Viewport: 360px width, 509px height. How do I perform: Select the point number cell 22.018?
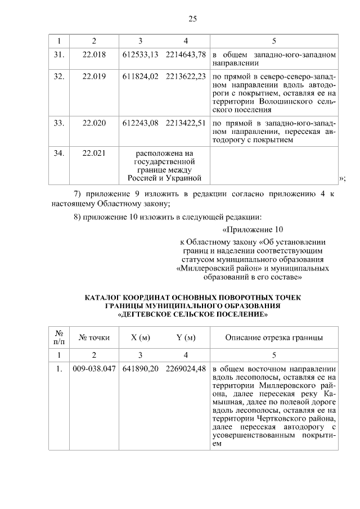pos(94,56)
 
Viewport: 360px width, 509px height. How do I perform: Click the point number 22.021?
pos(94,153)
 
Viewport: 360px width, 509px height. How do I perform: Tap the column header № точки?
pos(94,337)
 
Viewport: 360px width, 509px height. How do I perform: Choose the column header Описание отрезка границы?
pos(274,337)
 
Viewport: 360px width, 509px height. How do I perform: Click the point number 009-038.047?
pos(94,370)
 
